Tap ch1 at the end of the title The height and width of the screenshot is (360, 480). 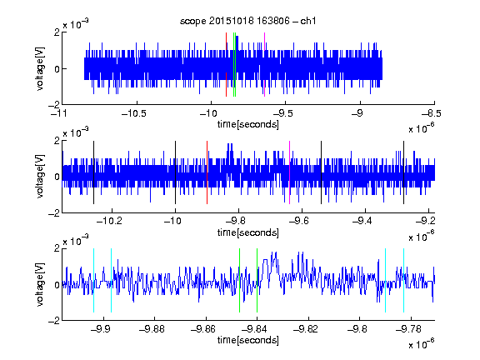click(x=308, y=21)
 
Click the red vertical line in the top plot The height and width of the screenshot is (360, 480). click(x=226, y=65)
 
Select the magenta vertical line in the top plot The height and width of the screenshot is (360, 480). click(x=264, y=65)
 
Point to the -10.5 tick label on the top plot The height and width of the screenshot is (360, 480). click(x=134, y=113)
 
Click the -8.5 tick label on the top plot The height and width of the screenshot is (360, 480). click(x=432, y=113)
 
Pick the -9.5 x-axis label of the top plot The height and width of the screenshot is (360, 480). click(x=282, y=113)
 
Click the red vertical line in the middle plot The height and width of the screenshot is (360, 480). click(x=207, y=172)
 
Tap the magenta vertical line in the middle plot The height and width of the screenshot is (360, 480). click(x=290, y=172)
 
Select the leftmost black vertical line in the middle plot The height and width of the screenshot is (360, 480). click(x=93, y=172)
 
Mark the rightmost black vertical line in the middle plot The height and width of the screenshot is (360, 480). click(x=404, y=172)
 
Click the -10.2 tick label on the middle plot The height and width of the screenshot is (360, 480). click(x=109, y=221)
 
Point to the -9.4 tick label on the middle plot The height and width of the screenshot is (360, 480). click(x=362, y=221)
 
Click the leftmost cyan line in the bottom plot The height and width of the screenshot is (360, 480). click(x=93, y=280)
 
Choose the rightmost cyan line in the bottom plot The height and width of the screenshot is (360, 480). click(x=404, y=280)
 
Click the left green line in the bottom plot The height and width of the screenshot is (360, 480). click(x=239, y=280)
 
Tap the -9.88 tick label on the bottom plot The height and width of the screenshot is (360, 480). click(x=152, y=329)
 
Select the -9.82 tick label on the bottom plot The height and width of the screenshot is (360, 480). click(x=306, y=329)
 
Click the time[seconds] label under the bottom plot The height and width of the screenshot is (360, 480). click(x=248, y=340)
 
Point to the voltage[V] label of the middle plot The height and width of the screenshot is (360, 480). click(x=40, y=177)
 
